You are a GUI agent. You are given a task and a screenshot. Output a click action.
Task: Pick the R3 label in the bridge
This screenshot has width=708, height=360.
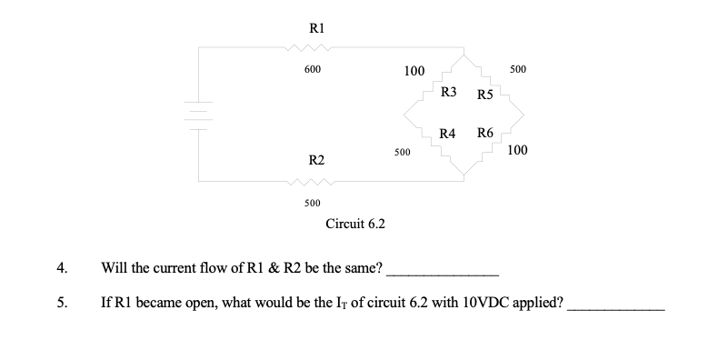(448, 93)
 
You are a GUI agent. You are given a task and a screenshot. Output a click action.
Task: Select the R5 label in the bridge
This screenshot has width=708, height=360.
(484, 95)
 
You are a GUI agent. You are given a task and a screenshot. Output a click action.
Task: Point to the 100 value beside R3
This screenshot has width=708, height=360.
(414, 70)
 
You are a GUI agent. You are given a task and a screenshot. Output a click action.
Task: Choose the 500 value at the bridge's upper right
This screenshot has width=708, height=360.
(519, 70)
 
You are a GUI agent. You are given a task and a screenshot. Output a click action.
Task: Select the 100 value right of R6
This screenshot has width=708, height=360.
(519, 150)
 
